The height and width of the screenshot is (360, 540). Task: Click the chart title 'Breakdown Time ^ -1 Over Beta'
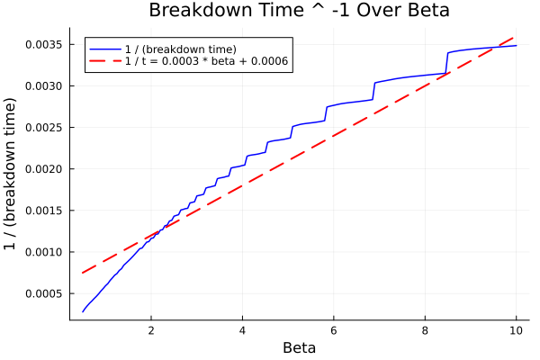299,11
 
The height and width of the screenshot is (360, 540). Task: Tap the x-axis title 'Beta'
299,347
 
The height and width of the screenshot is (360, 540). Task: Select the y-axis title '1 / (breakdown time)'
11,174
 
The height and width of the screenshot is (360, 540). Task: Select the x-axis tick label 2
151,330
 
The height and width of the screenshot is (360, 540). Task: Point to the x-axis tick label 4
242,330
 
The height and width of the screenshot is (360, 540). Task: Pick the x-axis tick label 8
425,330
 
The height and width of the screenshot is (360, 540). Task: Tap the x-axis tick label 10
516,330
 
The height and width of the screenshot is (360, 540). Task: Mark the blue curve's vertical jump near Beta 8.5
447,63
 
